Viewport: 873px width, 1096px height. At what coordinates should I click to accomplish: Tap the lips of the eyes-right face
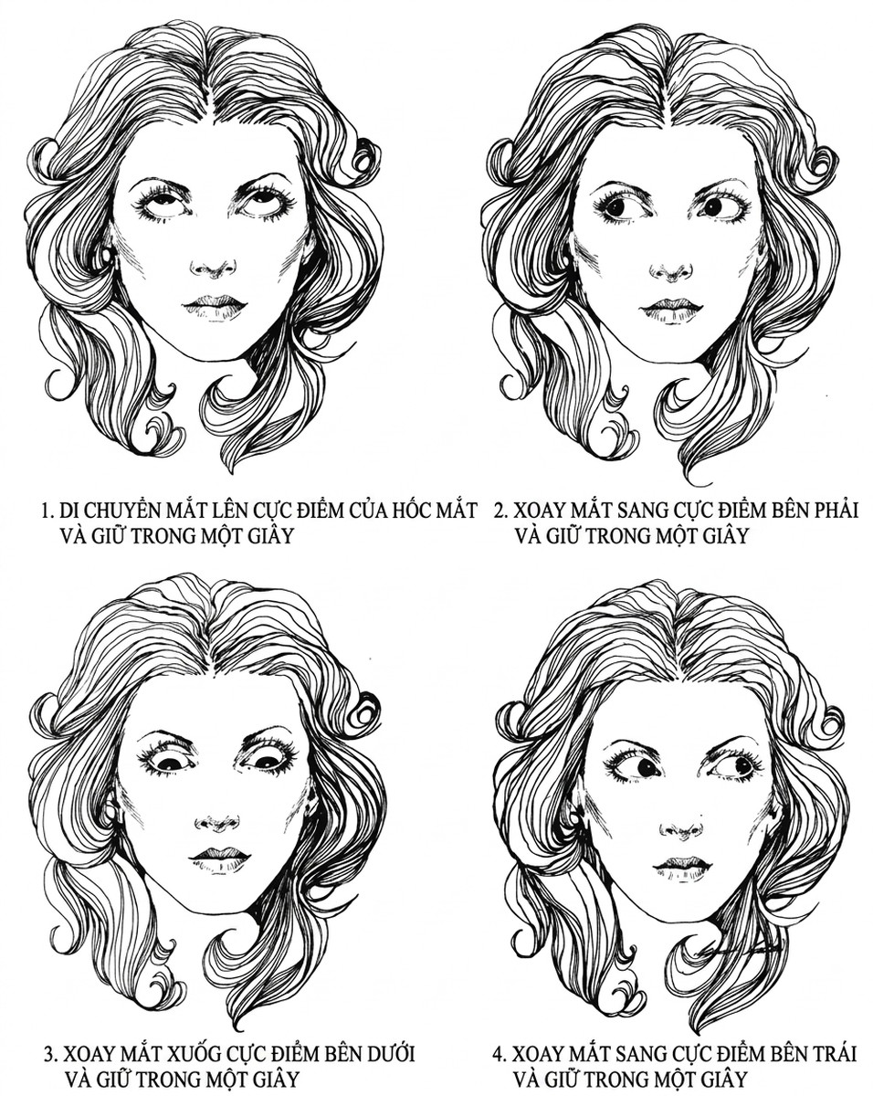671,308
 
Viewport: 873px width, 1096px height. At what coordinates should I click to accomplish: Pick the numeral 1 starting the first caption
47,511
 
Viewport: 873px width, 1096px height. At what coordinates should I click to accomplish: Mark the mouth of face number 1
216,305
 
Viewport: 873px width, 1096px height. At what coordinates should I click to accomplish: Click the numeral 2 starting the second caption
500,511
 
